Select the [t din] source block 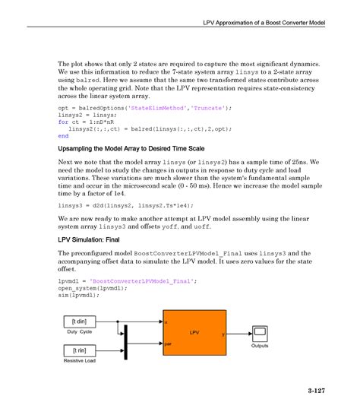pos(79,321)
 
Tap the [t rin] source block pos(79,350)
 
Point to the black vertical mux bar pos(125,337)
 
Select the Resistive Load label pos(79,361)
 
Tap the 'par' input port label pos(168,344)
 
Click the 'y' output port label pos(223,334)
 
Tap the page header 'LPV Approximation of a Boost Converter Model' pos(264,23)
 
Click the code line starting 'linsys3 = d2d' pos(115,205)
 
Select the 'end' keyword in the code pos(63,136)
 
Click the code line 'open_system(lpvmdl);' pos(87,289)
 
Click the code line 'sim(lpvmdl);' pos(77,296)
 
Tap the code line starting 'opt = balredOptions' pos(144,108)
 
